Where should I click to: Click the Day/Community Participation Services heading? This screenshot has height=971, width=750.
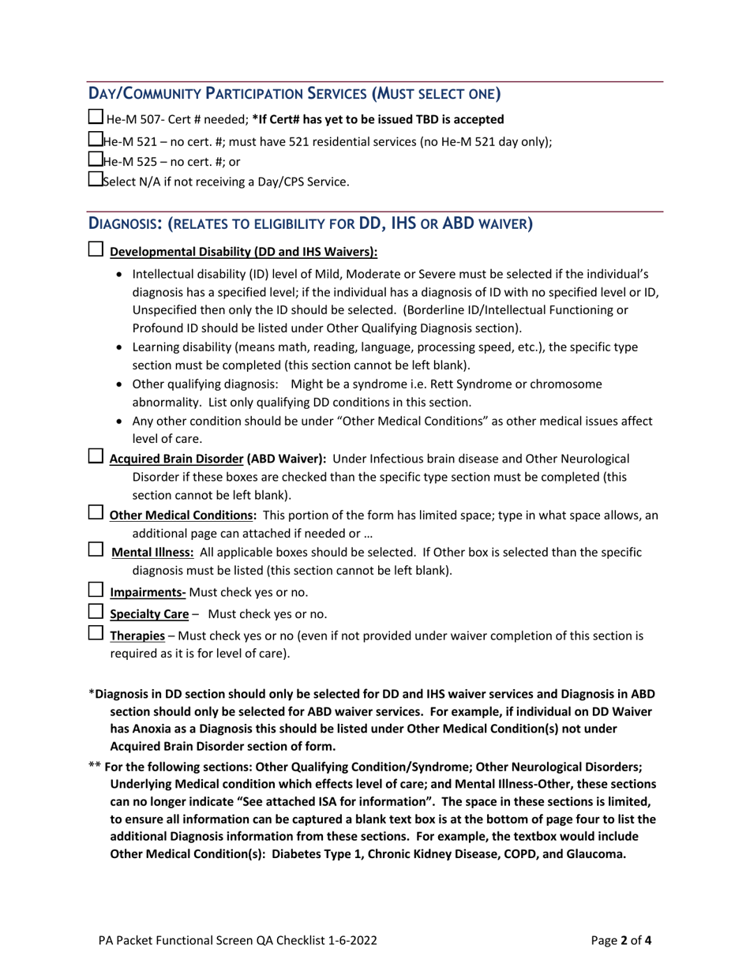294,94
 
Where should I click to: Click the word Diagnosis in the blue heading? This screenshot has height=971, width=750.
124,223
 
